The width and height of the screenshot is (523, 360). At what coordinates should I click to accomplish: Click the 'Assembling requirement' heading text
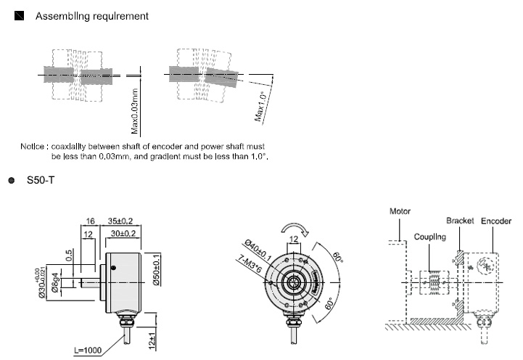(92, 15)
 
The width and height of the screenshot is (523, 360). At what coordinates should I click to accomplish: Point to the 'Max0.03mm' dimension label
(135, 110)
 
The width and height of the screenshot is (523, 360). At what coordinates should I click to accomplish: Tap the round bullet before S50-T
(12, 179)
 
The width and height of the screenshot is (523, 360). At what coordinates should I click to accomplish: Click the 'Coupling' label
(429, 237)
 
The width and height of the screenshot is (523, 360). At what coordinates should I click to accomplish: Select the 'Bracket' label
(460, 220)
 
